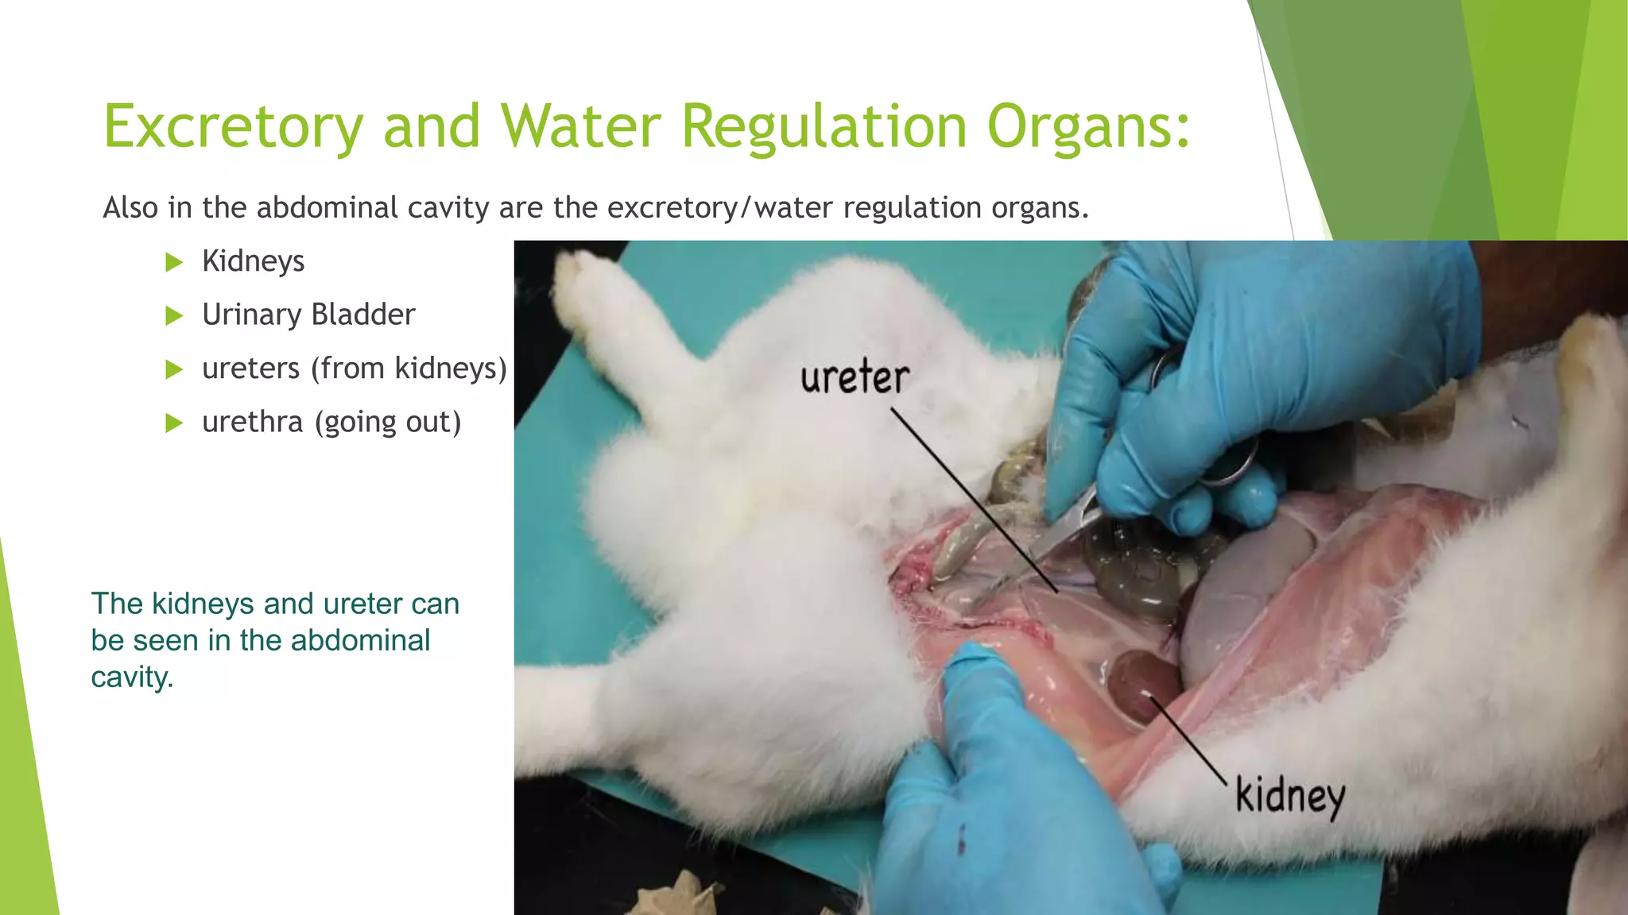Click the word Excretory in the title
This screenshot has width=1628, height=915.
point(233,127)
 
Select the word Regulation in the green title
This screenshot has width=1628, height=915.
point(824,127)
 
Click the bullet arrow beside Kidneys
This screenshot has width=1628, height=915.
point(174,262)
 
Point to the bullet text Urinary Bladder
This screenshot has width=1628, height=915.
point(308,315)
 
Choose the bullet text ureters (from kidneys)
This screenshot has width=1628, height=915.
point(354,369)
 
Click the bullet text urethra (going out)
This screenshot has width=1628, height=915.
point(331,423)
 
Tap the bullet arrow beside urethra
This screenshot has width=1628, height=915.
point(174,423)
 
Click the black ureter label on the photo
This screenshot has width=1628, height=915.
point(855,378)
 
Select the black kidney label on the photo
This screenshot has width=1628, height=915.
point(1289,796)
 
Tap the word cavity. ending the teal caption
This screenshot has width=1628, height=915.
point(132,678)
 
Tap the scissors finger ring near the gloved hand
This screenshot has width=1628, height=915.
point(1232,465)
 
